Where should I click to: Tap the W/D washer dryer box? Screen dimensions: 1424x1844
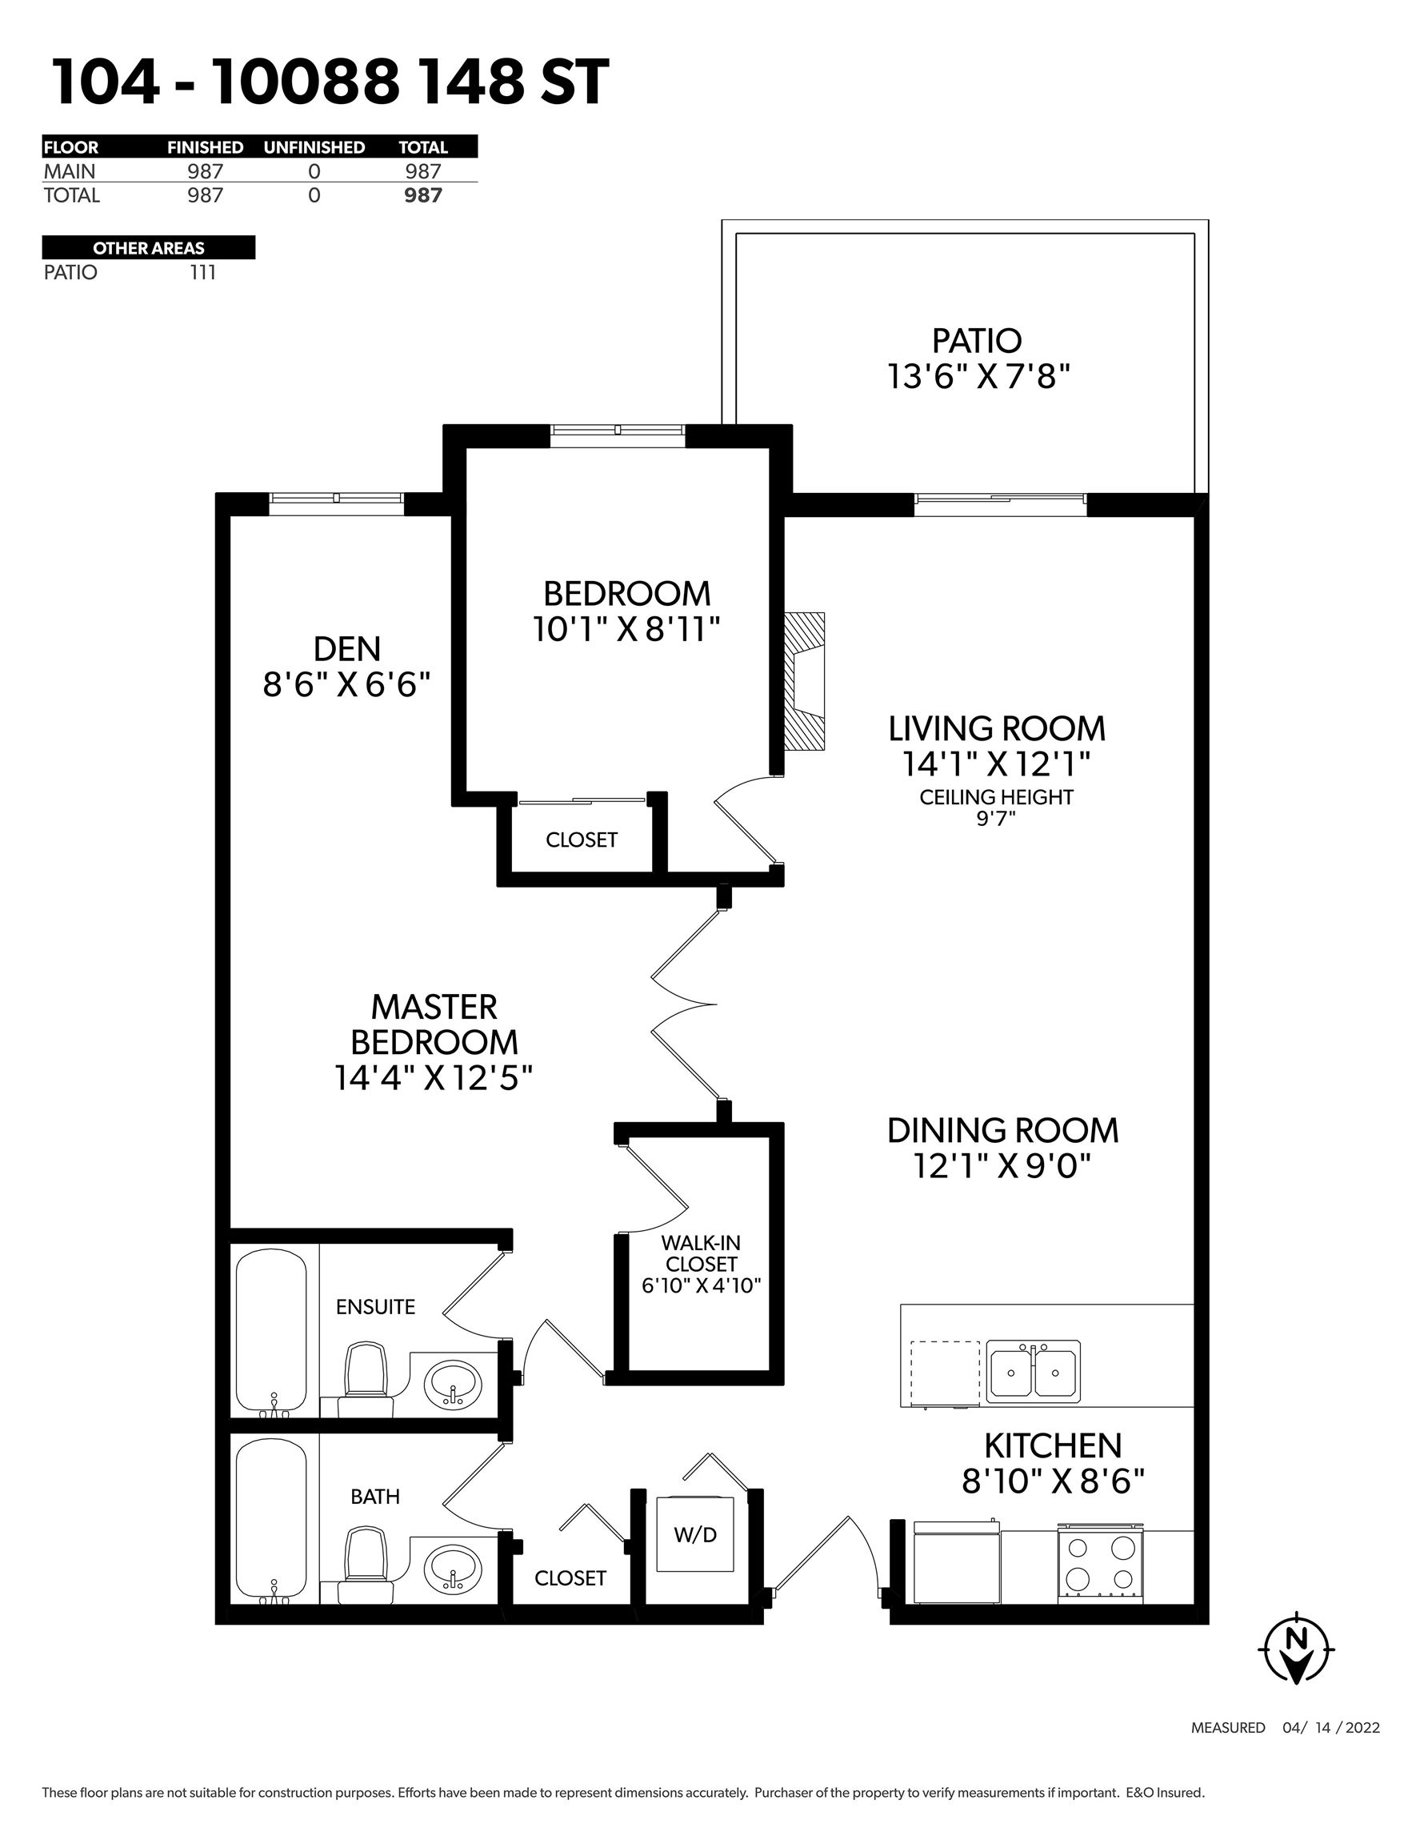click(x=695, y=1533)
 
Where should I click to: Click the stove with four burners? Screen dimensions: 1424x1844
click(x=1101, y=1562)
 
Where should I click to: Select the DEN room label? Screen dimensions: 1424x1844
click(x=347, y=648)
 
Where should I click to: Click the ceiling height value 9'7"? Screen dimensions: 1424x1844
click(x=996, y=818)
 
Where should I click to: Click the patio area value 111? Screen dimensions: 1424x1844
click(x=203, y=273)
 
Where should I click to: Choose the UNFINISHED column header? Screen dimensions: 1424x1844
click(x=314, y=147)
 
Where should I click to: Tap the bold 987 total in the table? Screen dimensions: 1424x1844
click(x=423, y=195)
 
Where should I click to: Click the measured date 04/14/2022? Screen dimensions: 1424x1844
click(x=1331, y=1727)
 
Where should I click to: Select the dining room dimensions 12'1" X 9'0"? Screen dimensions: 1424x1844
click(x=1002, y=1166)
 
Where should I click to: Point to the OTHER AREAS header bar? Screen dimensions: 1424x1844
click(x=149, y=247)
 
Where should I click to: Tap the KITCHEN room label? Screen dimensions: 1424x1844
click(x=1053, y=1445)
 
